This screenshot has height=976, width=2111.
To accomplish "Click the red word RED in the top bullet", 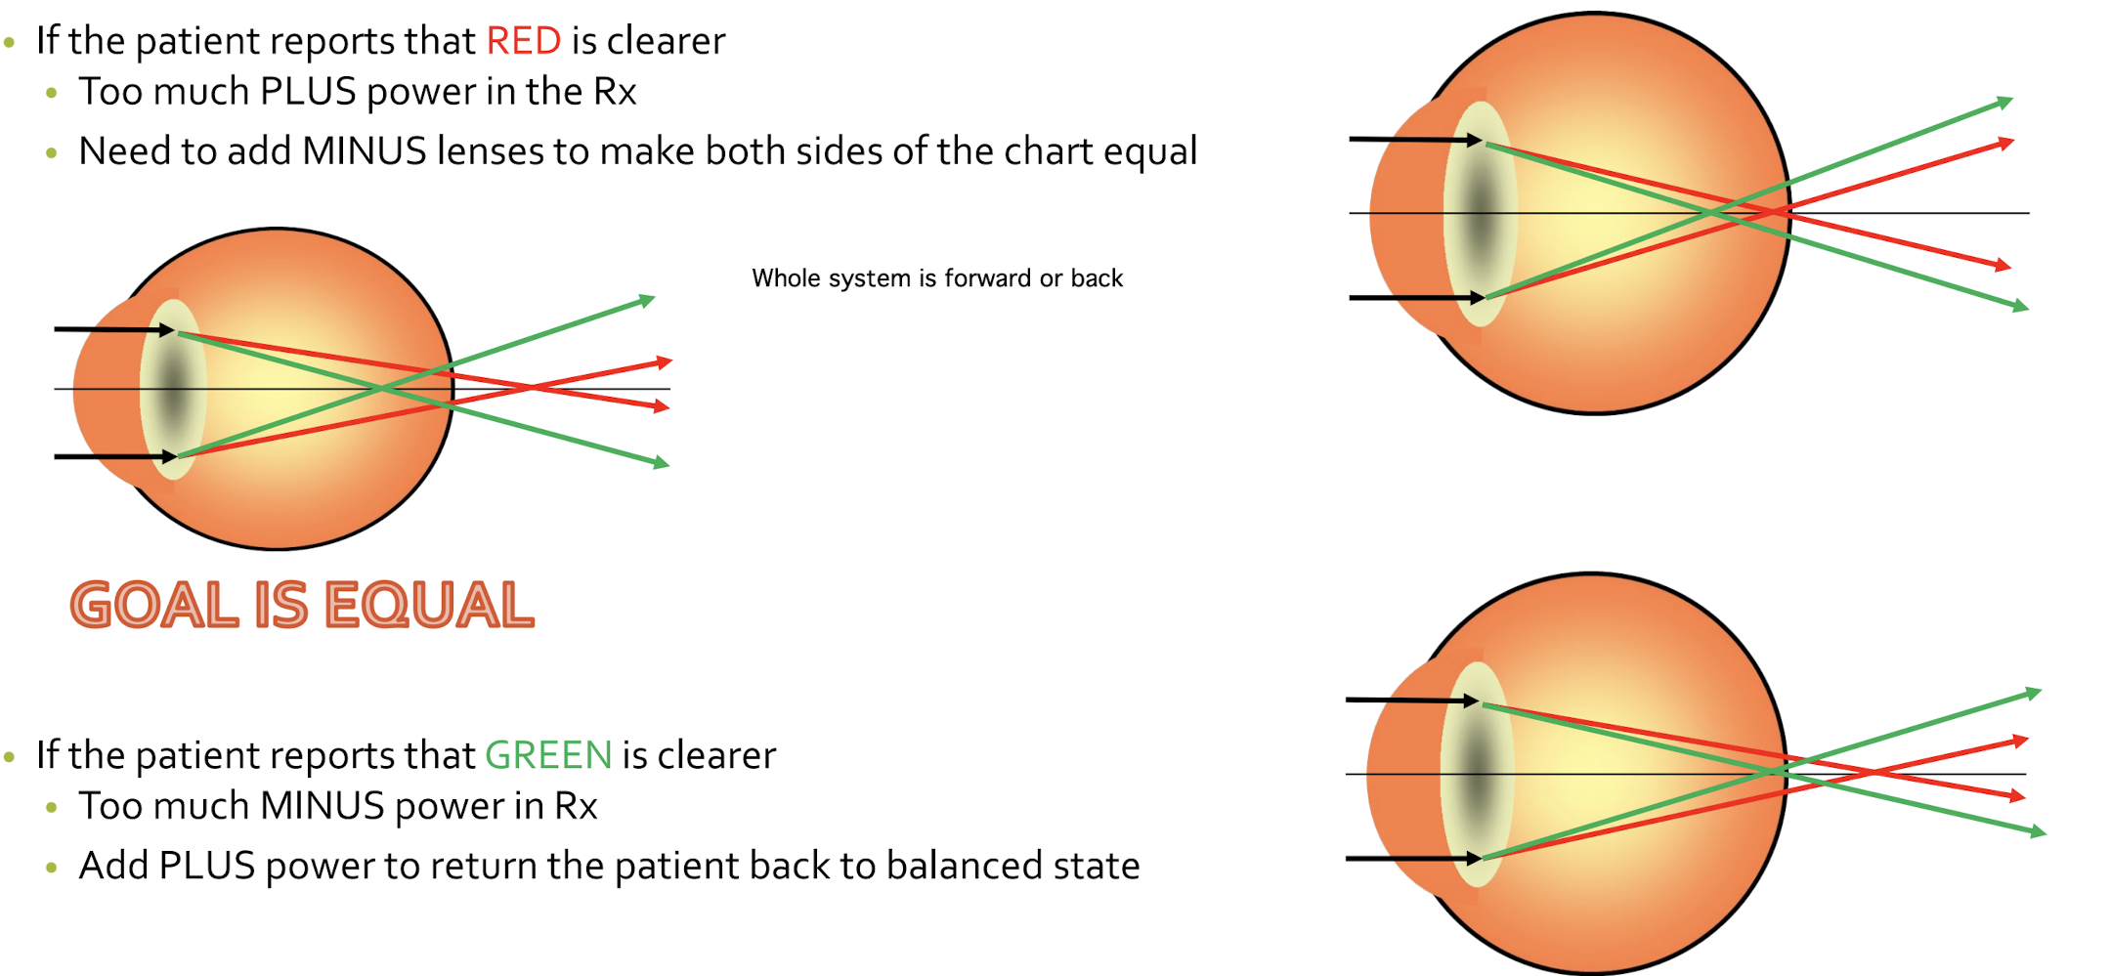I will (523, 41).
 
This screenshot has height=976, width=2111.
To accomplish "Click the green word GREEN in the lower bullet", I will (548, 755).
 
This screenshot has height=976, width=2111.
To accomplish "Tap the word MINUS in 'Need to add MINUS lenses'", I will (365, 151).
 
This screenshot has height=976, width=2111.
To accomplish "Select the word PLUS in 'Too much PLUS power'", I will (308, 92).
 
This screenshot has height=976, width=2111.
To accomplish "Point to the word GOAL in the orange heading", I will (154, 605).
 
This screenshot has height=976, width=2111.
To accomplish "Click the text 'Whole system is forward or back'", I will (936, 278).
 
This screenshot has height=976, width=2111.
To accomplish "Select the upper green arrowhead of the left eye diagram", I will (647, 300).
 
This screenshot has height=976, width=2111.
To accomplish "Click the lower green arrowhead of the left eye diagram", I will (662, 463).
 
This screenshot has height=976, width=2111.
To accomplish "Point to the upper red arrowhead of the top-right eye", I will (2006, 144).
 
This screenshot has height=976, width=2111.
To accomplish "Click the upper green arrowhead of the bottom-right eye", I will (2034, 693).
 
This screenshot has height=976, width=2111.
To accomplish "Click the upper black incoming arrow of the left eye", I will (112, 330).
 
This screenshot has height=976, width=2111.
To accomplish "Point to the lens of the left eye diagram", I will (173, 390).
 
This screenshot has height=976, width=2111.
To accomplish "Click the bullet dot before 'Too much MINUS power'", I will (52, 807).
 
